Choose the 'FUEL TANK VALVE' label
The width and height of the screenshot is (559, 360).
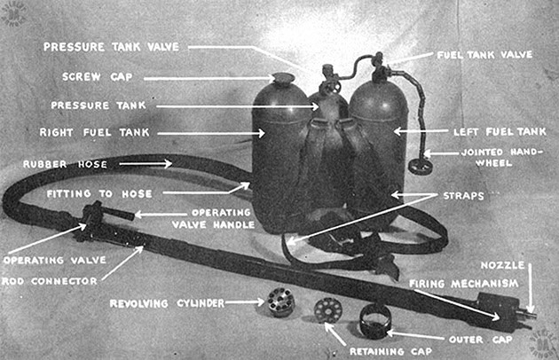(480, 54)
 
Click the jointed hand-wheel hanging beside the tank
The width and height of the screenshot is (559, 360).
(414, 166)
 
